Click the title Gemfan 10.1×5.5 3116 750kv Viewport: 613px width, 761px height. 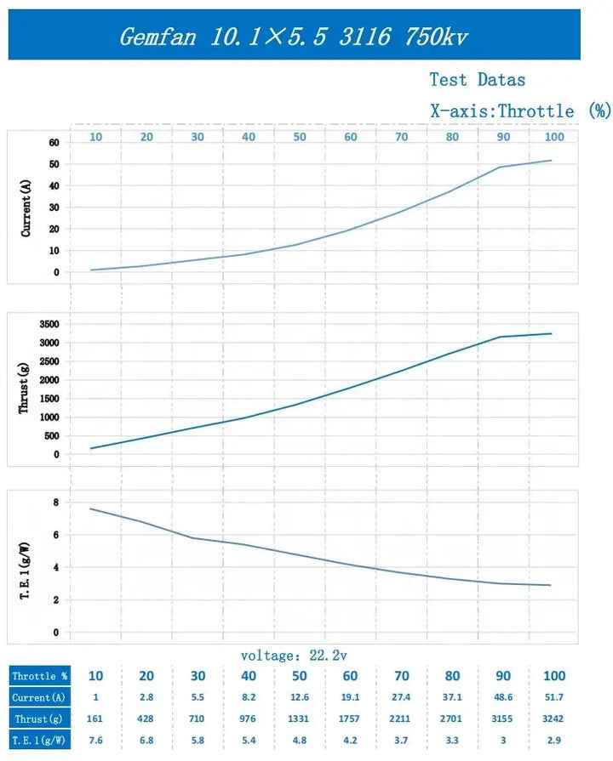tap(293, 36)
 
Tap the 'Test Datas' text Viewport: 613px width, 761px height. tap(477, 80)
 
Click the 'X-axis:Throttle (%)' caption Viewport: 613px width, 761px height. tap(520, 111)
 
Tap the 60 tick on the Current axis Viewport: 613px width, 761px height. tap(53, 142)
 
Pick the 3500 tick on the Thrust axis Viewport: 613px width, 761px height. tap(49, 325)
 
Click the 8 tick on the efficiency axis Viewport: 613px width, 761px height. tap(55, 503)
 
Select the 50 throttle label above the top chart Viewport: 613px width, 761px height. tap(300, 137)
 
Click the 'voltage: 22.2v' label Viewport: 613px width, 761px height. tap(293, 656)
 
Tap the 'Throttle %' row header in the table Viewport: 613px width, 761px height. tap(39, 677)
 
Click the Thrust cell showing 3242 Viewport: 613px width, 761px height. tap(554, 719)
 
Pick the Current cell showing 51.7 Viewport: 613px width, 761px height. tap(554, 698)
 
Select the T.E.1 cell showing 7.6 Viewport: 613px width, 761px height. tap(96, 741)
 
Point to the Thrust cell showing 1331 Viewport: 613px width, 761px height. tap(300, 719)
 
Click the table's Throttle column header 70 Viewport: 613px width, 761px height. tap(402, 677)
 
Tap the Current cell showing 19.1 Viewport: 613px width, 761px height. tap(351, 698)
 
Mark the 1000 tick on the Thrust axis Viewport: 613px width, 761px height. tap(49, 417)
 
